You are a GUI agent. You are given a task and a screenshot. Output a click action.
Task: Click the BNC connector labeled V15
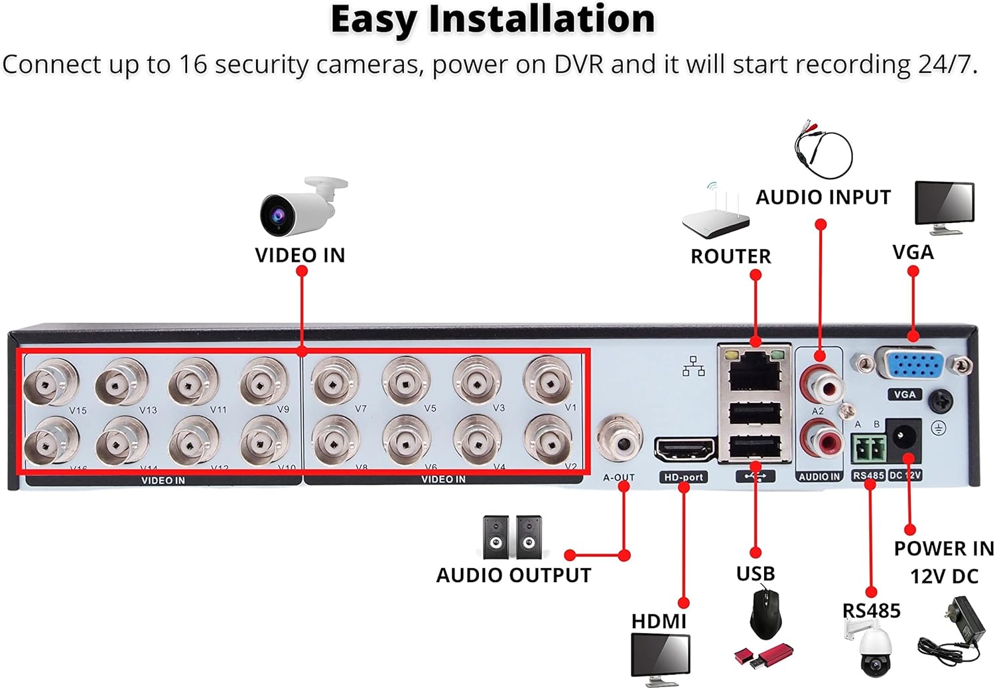50,382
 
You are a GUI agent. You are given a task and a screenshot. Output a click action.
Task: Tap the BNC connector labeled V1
547,381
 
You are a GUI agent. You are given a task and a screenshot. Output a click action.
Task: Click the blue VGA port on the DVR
913,366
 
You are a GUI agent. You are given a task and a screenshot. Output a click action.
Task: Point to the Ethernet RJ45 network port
754,372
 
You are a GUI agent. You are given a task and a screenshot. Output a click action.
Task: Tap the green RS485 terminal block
868,449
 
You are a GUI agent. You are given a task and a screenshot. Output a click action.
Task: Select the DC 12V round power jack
903,437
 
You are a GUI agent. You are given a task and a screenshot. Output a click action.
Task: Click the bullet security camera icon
302,207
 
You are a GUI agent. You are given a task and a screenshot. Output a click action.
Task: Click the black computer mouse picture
765,615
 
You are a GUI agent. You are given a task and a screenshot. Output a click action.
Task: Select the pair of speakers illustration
512,537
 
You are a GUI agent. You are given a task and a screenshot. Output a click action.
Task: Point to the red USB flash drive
764,656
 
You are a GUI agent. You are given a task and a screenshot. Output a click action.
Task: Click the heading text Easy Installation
492,19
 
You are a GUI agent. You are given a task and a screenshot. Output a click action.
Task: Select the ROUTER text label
730,256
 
